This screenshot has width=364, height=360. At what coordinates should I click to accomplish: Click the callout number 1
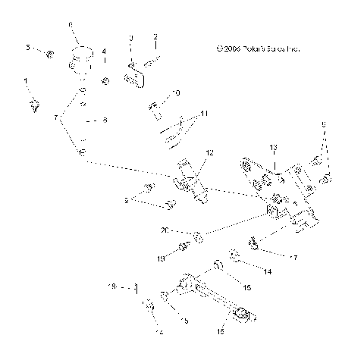(x=26, y=80)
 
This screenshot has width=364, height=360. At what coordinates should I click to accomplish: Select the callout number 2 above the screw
(x=155, y=36)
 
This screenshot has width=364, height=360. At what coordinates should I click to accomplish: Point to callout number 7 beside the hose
(x=55, y=118)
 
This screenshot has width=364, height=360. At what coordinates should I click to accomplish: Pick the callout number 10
(x=177, y=93)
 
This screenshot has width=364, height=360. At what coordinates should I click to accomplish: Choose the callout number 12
(x=210, y=152)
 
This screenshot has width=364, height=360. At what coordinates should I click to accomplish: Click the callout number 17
(x=294, y=258)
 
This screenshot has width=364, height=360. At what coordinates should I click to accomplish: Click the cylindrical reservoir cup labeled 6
(x=79, y=58)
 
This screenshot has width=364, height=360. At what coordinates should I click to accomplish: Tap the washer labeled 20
(x=197, y=237)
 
